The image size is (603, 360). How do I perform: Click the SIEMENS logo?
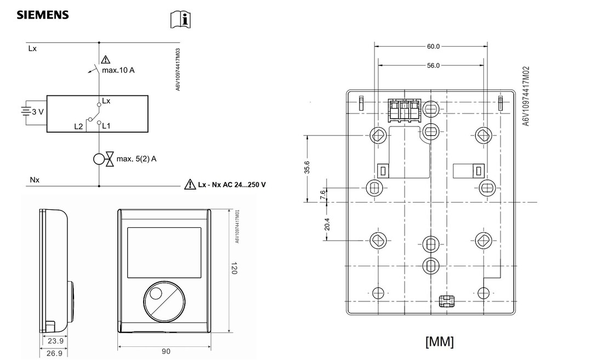(43, 15)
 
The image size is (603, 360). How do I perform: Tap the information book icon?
(181, 20)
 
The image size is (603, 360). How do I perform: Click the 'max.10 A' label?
(118, 70)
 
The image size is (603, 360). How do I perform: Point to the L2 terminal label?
(78, 126)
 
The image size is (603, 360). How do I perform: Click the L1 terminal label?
(106, 126)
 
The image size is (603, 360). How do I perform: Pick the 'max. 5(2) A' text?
(136, 159)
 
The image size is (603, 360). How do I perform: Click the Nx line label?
(34, 180)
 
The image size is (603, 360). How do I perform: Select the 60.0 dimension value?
(433, 47)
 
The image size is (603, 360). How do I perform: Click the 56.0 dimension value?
(433, 66)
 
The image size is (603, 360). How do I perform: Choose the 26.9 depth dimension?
(54, 353)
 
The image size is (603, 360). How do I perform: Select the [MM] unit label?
(439, 341)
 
